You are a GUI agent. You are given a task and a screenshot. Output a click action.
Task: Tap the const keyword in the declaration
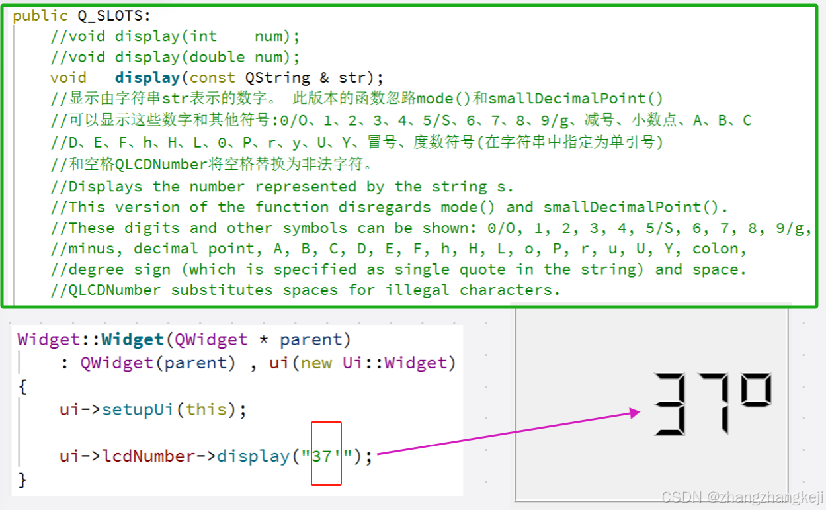(x=212, y=77)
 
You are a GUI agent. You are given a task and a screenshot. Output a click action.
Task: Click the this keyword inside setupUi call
(x=206, y=409)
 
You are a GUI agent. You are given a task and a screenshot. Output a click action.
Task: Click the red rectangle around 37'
(x=327, y=454)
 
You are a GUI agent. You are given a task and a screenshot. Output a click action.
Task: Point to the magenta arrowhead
(x=636, y=413)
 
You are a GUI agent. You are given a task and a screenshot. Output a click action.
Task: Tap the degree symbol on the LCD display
(x=756, y=391)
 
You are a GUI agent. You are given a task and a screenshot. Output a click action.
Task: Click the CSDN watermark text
(x=742, y=497)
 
